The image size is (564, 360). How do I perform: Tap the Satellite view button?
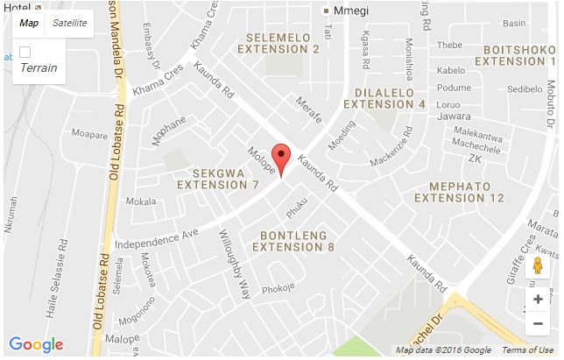click(69, 23)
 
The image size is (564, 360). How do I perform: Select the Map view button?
click(29, 23)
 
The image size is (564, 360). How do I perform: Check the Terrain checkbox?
click(25, 53)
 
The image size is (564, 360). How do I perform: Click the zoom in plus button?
click(538, 300)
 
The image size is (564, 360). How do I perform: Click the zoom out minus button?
click(538, 324)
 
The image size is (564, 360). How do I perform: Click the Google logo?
click(36, 344)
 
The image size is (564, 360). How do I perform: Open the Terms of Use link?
click(527, 350)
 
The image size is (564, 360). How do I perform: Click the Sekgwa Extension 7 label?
click(218, 178)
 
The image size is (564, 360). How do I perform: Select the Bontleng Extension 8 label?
click(293, 242)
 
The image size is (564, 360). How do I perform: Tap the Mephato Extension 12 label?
click(460, 192)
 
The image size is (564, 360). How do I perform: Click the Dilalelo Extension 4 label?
click(384, 98)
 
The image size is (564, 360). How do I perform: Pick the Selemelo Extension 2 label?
click(283, 44)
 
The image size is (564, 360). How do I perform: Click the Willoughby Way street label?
click(236, 254)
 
